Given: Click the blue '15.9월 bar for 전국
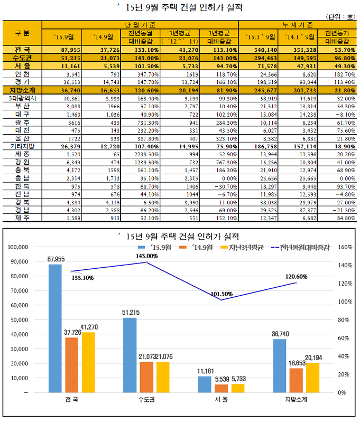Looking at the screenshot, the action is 55,328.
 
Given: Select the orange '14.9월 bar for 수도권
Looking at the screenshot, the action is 146,377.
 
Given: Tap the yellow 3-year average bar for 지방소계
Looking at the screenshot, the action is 312,378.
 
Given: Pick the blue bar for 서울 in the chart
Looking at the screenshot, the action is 205,384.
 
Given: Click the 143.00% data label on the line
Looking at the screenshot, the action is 147,256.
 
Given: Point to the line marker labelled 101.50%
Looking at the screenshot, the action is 221,300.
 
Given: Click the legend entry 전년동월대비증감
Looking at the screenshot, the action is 300,248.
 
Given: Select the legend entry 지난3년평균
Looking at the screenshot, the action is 242,248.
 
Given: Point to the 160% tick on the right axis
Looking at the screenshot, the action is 345,247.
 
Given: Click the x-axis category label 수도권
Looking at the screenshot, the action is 146,399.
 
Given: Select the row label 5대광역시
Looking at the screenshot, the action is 22,98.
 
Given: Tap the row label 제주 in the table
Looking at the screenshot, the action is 22,218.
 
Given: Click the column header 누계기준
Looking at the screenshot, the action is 298,25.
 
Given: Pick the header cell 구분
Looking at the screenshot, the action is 22,33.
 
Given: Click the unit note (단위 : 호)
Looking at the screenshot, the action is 340,17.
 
